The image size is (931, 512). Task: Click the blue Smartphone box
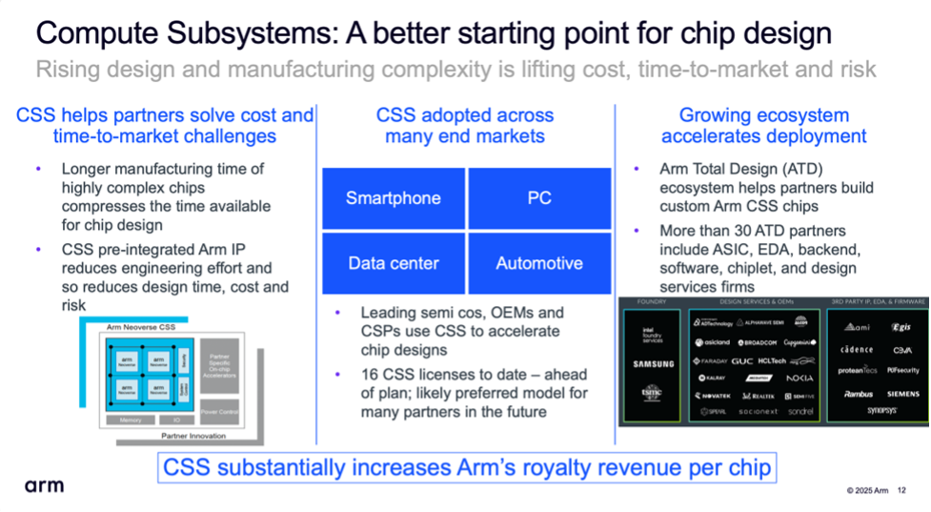tap(394, 198)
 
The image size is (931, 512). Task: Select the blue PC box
tap(539, 198)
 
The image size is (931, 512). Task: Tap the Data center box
tap(394, 263)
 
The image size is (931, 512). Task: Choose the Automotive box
tap(539, 263)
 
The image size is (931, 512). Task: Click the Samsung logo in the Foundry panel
tap(654, 363)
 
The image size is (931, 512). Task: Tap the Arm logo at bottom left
tap(44, 486)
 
